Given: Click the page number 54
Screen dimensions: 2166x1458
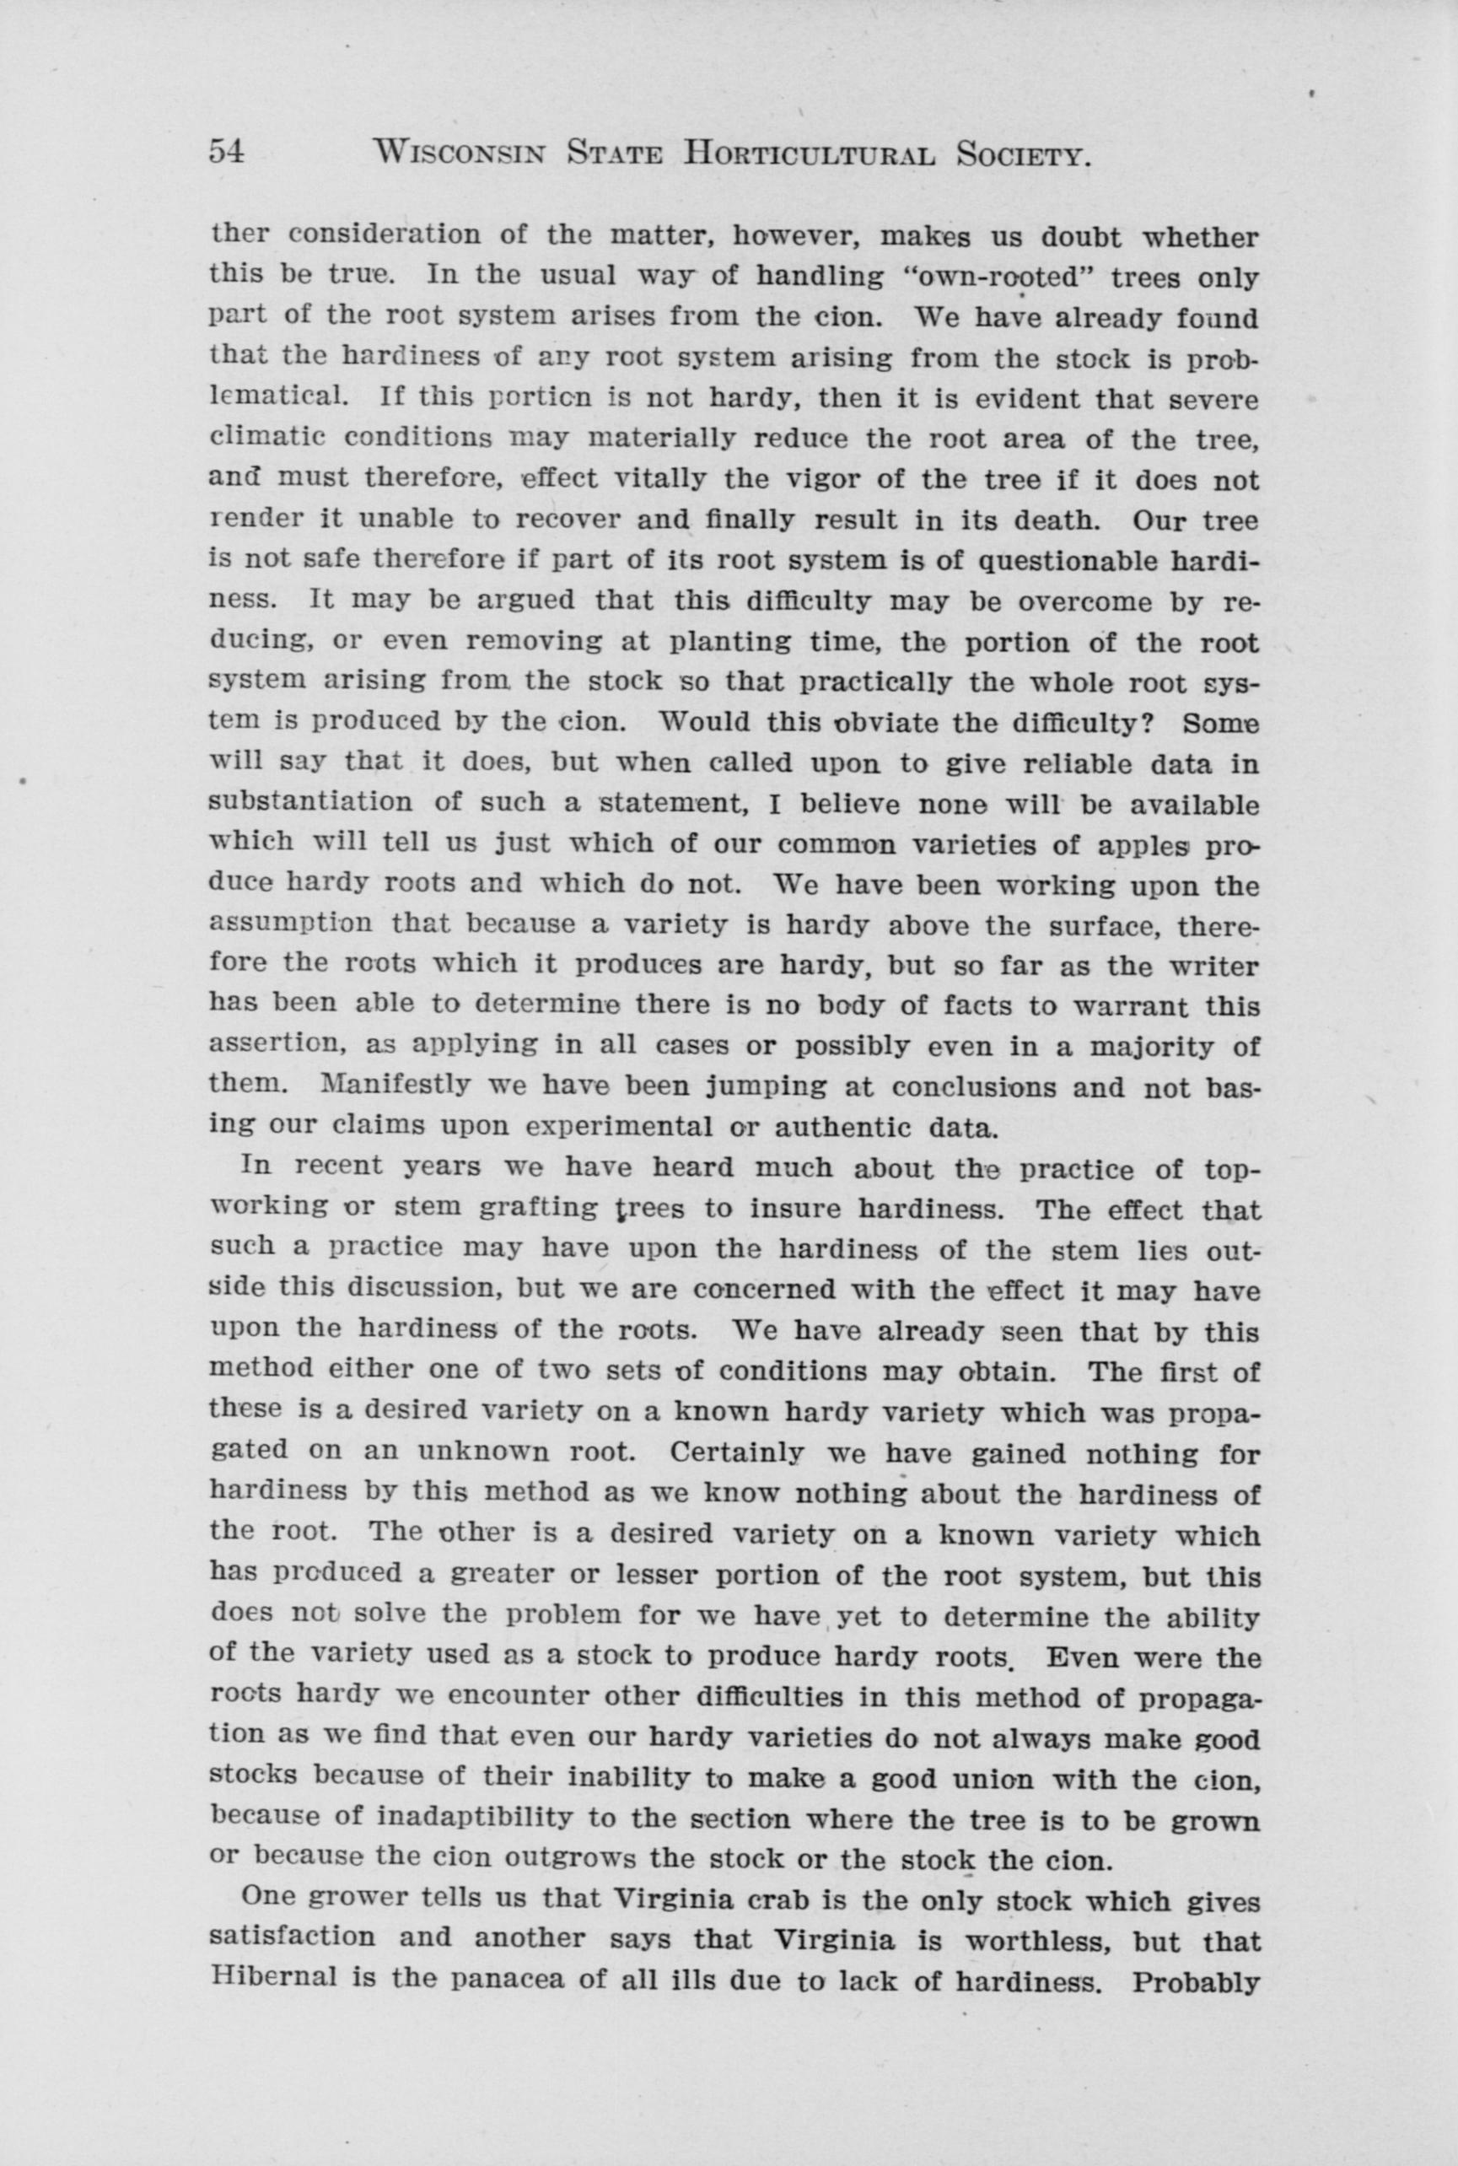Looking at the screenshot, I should [226, 152].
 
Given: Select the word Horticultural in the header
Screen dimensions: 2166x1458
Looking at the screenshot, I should [809, 154].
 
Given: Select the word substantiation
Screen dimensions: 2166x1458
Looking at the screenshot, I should [311, 804].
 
